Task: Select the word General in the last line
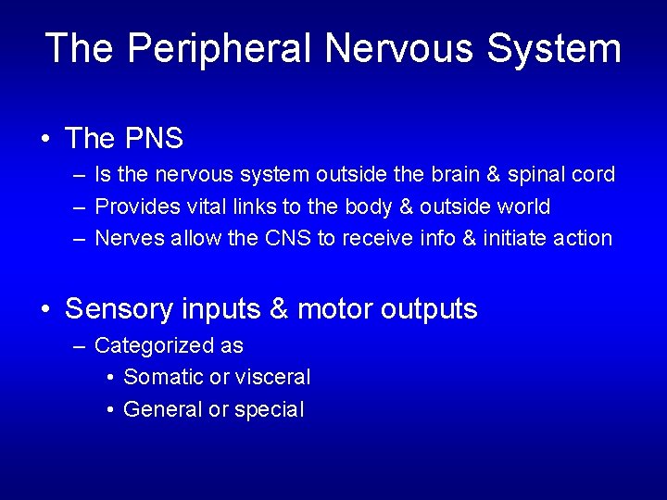click(163, 409)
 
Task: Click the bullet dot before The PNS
click(45, 140)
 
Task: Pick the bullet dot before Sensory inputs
click(45, 310)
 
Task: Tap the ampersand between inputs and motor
click(278, 309)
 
